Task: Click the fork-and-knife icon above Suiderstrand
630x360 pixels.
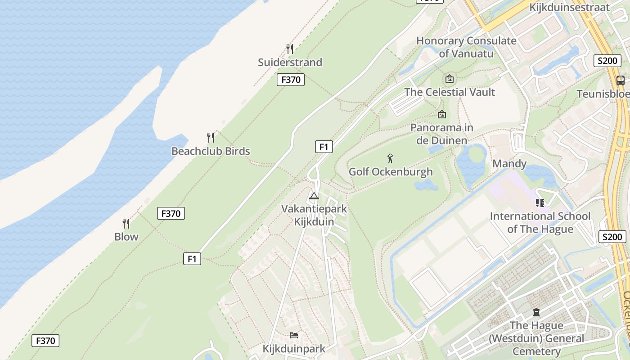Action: coord(290,49)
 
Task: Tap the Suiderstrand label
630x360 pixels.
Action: coord(290,62)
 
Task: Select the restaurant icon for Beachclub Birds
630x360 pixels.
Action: coord(211,137)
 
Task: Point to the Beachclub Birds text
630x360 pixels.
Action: coord(211,151)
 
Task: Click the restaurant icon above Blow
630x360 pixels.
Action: coord(126,223)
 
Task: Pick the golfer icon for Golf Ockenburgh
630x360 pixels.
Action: coord(390,158)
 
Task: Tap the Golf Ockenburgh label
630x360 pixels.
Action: coord(391,171)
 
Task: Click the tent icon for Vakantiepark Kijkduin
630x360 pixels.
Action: coord(314,196)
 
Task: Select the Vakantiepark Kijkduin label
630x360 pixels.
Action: coord(314,215)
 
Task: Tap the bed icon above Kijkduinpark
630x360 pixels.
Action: coord(294,335)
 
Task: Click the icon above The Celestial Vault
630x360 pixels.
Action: coord(449,79)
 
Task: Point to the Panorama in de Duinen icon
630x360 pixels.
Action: coord(441,114)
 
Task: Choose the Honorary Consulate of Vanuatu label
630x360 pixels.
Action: coord(466,47)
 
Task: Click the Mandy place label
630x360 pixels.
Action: coord(509,163)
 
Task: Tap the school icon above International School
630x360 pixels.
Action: coord(540,203)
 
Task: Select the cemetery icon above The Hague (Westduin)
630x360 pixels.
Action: coord(536,312)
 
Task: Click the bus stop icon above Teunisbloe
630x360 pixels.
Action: coord(620,81)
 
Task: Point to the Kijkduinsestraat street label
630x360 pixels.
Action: coord(569,7)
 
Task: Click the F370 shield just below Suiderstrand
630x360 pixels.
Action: coord(290,80)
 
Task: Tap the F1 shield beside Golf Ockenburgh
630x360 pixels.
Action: coord(324,147)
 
